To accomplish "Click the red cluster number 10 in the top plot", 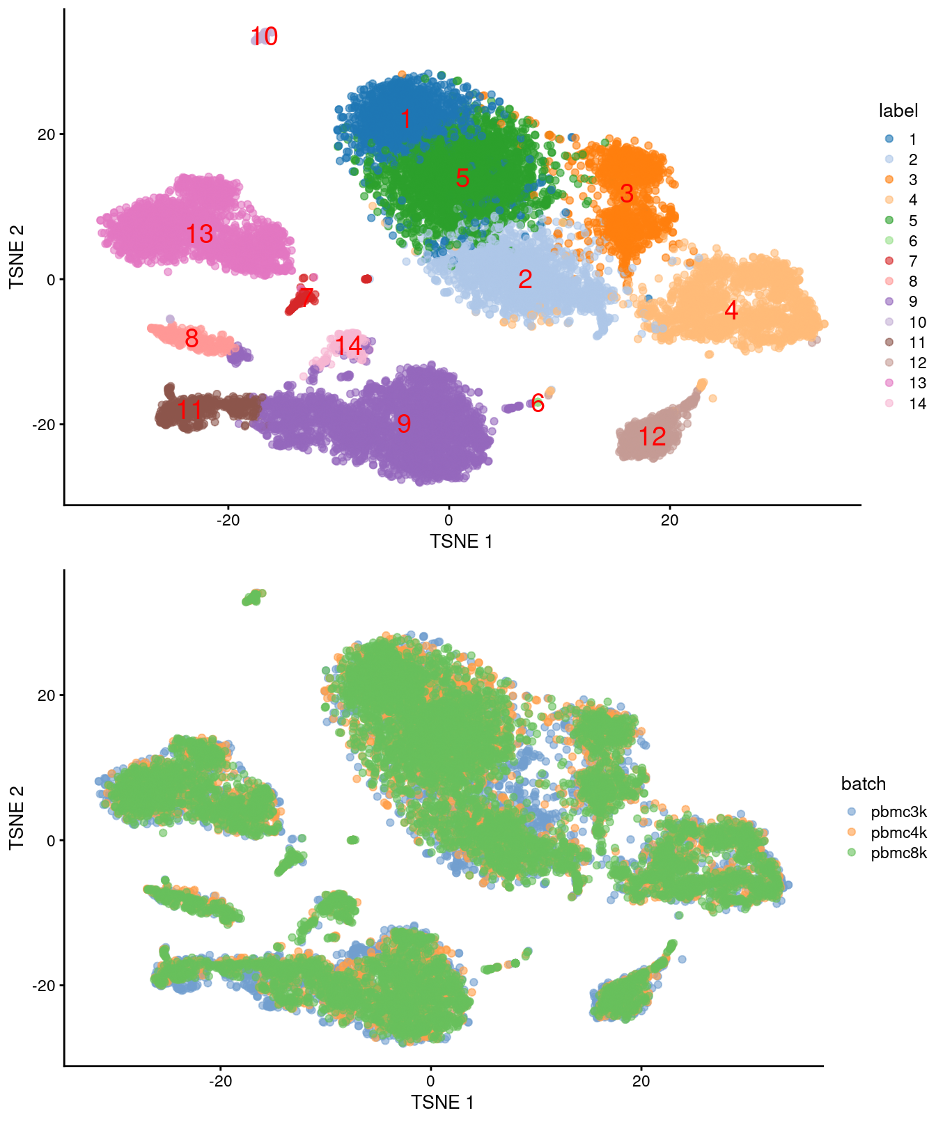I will pos(264,36).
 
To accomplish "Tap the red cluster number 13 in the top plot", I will pos(199,234).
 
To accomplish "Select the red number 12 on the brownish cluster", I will pos(652,436).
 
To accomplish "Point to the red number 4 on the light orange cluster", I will pos(731,310).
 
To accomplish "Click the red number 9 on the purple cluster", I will pos(404,423).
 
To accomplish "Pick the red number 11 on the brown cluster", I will pos(189,410).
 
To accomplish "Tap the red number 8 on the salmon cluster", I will pos(192,338).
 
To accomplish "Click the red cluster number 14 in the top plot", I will pos(348,346).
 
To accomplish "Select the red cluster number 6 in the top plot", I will pos(538,402).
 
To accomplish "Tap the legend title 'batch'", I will pos(863,784).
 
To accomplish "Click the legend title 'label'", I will pos(898,111).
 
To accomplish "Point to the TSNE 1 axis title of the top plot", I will pos(461,542).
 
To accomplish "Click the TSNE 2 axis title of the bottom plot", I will pos(17,817).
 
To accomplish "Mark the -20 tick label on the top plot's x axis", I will pos(228,521).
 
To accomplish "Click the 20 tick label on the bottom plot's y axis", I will pos(46,695).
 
